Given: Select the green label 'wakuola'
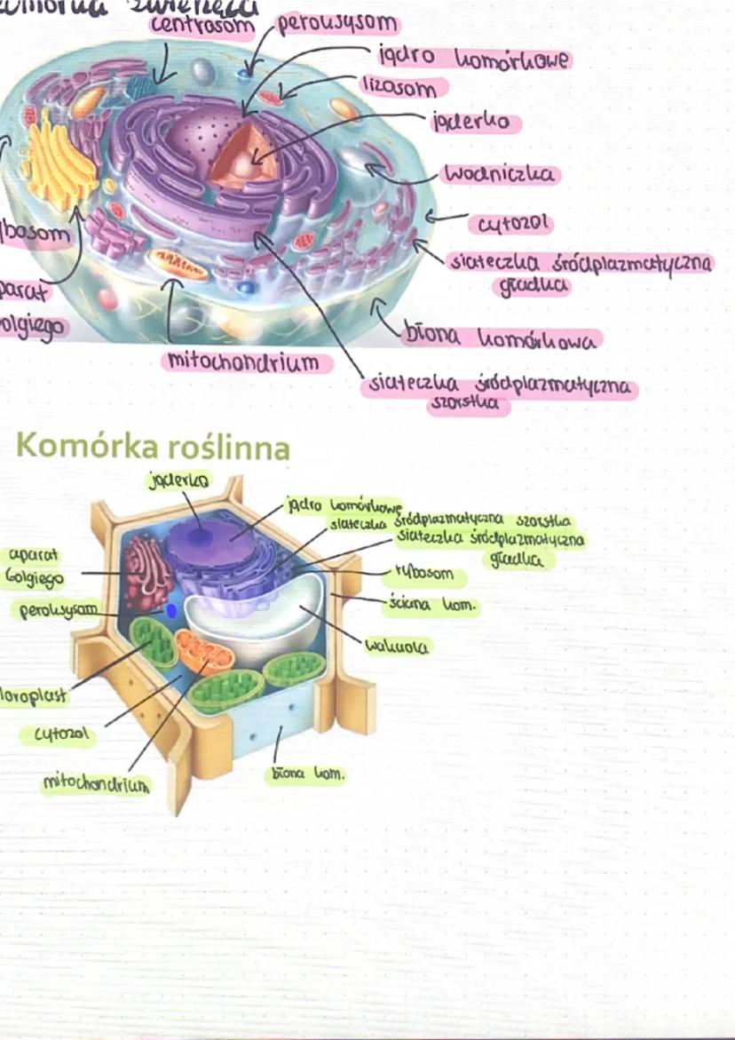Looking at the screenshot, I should tap(397, 646).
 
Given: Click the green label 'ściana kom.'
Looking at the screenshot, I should tap(433, 606).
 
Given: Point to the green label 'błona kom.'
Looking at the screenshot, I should tap(306, 774).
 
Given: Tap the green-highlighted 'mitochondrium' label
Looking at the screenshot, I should tap(97, 783).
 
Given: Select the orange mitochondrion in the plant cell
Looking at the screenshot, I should tap(204, 652).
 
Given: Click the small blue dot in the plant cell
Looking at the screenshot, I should tap(170, 611).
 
